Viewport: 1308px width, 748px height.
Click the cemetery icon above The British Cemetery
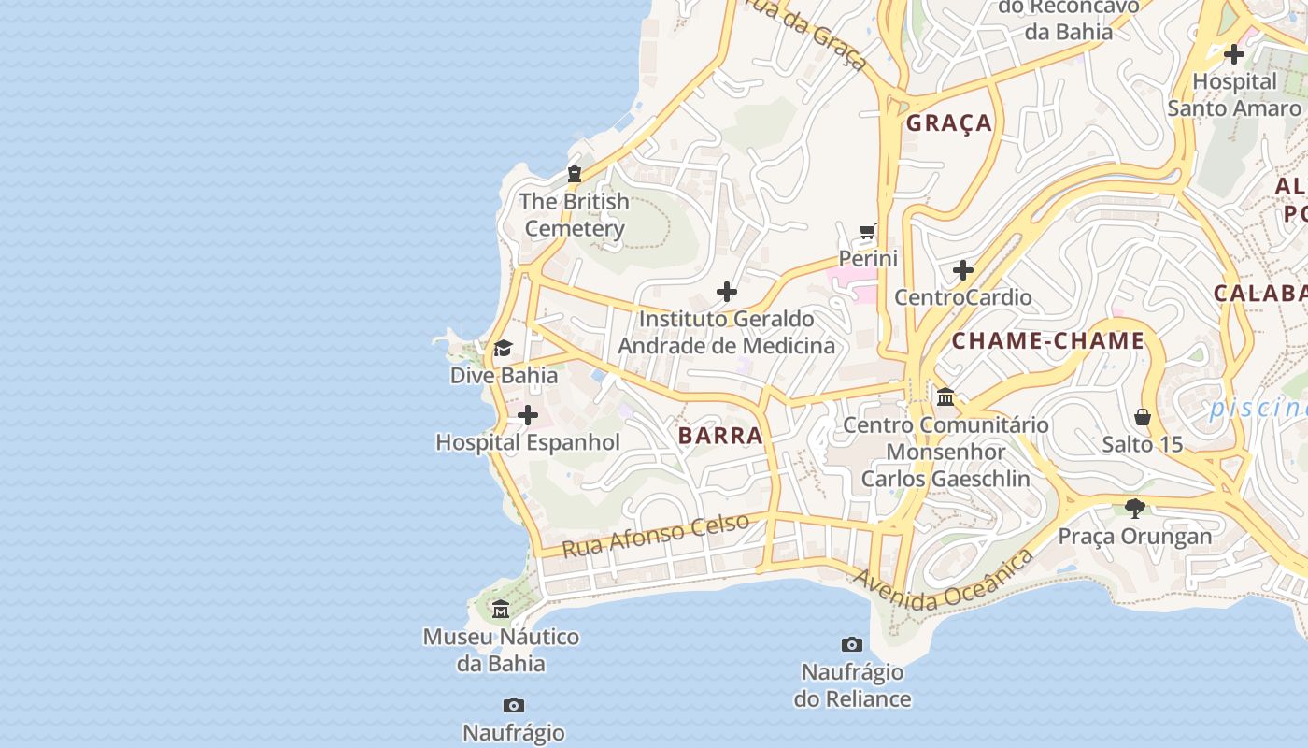[574, 174]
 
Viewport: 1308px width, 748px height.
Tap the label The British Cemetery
[574, 215]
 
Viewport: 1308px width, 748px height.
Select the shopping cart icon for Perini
[868, 231]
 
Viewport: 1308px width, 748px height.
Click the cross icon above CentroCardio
[963, 271]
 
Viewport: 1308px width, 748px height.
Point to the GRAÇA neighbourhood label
[949, 122]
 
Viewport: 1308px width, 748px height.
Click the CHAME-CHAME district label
[1047, 341]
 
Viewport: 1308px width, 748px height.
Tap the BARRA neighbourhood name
[720, 436]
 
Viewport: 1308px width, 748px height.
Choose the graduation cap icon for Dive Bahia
[503, 349]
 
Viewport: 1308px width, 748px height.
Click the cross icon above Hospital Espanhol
[528, 415]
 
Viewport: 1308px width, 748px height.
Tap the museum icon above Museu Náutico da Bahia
[501, 610]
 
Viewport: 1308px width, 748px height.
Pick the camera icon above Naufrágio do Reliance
[851, 644]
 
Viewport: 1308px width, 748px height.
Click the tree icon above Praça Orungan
[1135, 509]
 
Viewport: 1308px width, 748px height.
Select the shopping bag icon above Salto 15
[1142, 417]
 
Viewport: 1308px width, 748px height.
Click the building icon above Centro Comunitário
[945, 397]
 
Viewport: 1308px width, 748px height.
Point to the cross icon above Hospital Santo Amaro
[1233, 54]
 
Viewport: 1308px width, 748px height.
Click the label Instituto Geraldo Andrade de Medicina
[726, 332]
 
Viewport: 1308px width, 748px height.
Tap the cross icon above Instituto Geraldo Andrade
[726, 292]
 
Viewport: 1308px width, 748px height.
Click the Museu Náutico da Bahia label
[501, 650]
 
